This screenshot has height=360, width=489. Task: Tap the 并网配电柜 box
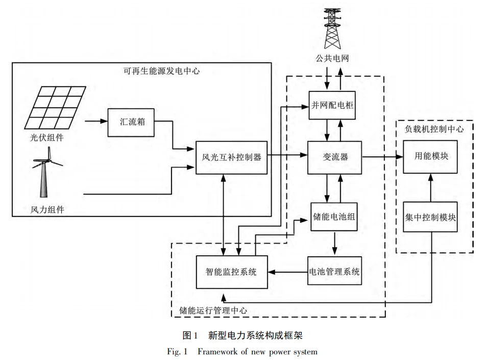pyautogui.click(x=332, y=105)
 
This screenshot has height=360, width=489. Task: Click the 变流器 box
pyautogui.click(x=335, y=157)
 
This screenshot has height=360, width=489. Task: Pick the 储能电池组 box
pyautogui.click(x=334, y=217)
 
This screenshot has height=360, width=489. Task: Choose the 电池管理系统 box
pyautogui.click(x=334, y=271)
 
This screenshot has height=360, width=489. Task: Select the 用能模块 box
pyautogui.click(x=431, y=156)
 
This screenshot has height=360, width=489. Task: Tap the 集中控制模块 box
pyautogui.click(x=430, y=217)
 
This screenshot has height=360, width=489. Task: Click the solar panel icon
pyautogui.click(x=56, y=108)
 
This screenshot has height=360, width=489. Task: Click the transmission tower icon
pyautogui.click(x=332, y=28)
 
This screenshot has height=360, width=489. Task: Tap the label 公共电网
pyautogui.click(x=332, y=59)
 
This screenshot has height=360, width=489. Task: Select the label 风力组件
pyautogui.click(x=47, y=209)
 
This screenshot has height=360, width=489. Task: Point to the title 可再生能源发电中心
pyautogui.click(x=161, y=71)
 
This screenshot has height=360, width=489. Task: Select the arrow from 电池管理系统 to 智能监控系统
pyautogui.click(x=288, y=271)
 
